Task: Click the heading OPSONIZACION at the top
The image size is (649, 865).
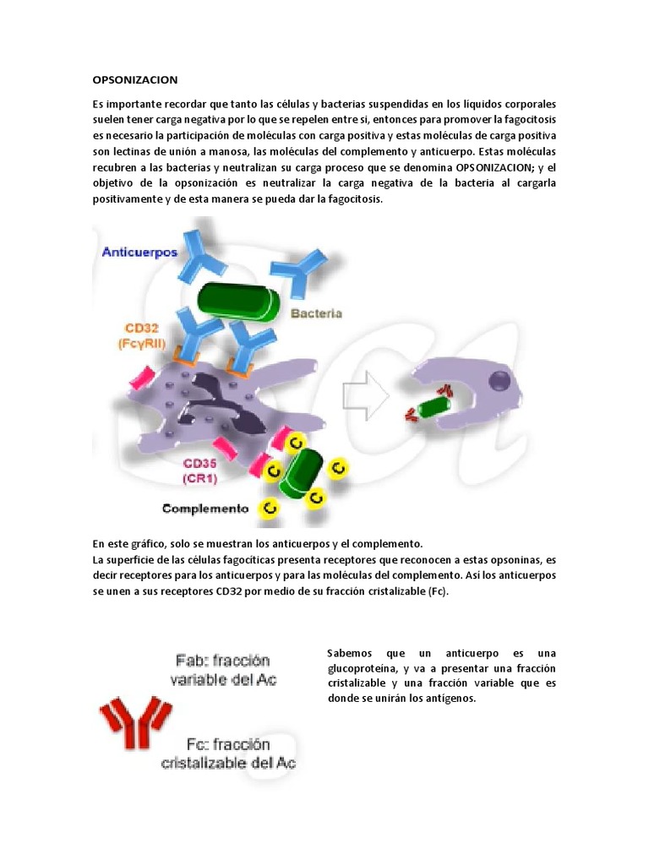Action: tap(135, 80)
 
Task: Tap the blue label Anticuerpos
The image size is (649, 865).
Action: tap(139, 252)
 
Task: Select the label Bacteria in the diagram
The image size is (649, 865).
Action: tap(316, 313)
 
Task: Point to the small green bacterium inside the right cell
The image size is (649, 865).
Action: tap(434, 407)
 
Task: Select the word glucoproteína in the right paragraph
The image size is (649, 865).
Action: tap(360, 668)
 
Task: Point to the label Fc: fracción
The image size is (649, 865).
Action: tap(227, 744)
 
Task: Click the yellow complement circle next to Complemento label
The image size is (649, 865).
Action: tap(270, 508)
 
